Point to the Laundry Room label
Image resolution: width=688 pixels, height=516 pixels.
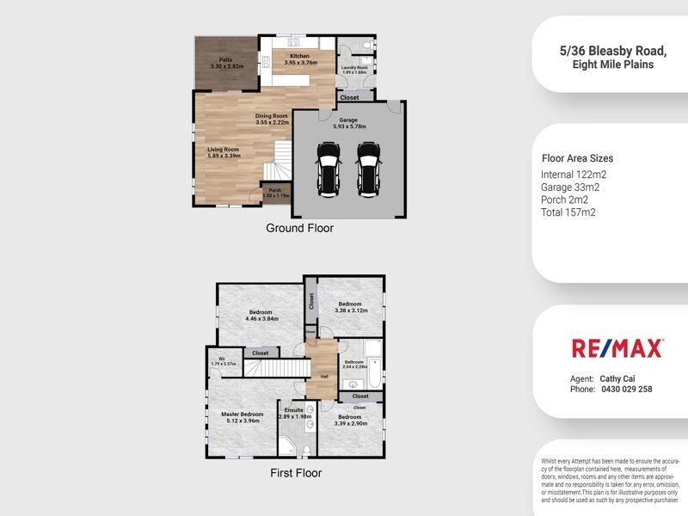[x=354, y=69]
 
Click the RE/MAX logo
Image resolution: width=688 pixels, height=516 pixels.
[x=617, y=348]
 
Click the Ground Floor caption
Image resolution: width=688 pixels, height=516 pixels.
[x=299, y=229]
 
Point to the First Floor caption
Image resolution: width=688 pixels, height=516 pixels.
[x=296, y=473]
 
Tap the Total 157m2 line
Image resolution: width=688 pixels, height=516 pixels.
[x=568, y=212]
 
